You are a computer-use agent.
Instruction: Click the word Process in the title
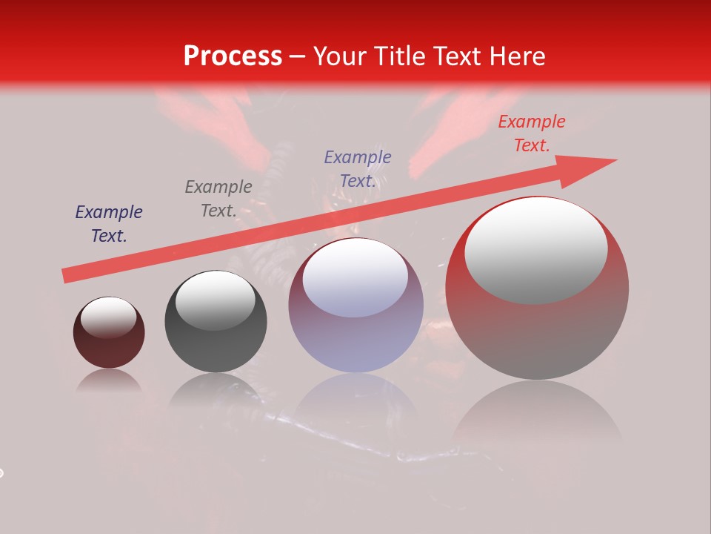pyautogui.click(x=233, y=56)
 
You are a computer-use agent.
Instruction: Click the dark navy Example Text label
pyautogui.click(x=109, y=224)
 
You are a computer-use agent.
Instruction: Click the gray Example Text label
pyautogui.click(x=218, y=199)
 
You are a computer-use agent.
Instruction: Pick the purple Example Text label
pyautogui.click(x=358, y=168)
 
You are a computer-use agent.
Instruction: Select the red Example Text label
pyautogui.click(x=531, y=133)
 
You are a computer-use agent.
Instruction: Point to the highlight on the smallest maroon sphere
pyautogui.click(x=108, y=317)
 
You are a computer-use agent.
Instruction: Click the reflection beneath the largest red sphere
pyautogui.click(x=537, y=412)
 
